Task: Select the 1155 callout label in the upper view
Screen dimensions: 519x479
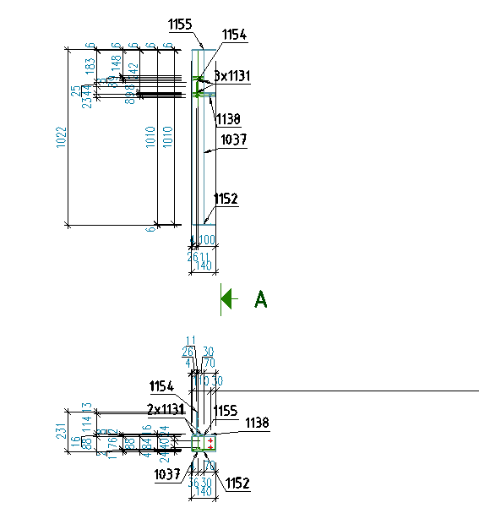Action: (x=180, y=25)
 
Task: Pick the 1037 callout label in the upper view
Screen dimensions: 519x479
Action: (x=233, y=140)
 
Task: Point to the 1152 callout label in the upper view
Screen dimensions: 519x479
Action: (x=226, y=199)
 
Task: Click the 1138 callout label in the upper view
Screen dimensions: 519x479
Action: (x=229, y=118)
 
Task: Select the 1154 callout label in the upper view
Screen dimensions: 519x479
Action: (x=234, y=35)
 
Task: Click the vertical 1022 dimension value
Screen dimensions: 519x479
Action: (x=61, y=137)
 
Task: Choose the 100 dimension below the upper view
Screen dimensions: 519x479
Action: (x=207, y=240)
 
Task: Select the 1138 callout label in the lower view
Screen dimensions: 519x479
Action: (x=258, y=422)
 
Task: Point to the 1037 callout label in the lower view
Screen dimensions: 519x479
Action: (x=167, y=474)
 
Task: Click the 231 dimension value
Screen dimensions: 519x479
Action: (x=61, y=429)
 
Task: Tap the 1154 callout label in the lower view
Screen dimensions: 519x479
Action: (x=162, y=386)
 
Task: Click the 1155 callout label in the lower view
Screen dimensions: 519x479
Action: (x=226, y=410)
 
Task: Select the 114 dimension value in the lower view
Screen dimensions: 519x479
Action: (x=86, y=422)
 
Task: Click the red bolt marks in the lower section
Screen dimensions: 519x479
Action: (x=208, y=441)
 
